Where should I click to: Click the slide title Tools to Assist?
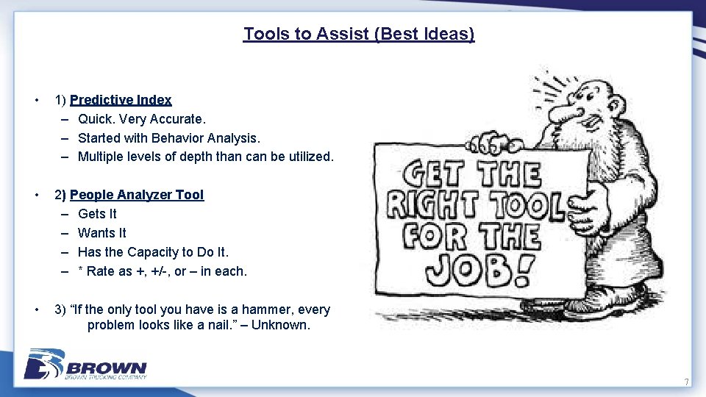coord(359,34)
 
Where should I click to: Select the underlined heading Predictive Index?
coord(121,100)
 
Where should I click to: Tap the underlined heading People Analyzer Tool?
coord(137,195)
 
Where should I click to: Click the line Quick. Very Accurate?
coord(142,118)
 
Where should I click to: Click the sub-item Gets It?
coord(97,214)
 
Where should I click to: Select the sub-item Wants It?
coord(101,233)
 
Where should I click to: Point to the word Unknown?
coord(281,325)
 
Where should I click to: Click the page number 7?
coord(686,382)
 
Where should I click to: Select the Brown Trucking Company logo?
coord(85,365)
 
